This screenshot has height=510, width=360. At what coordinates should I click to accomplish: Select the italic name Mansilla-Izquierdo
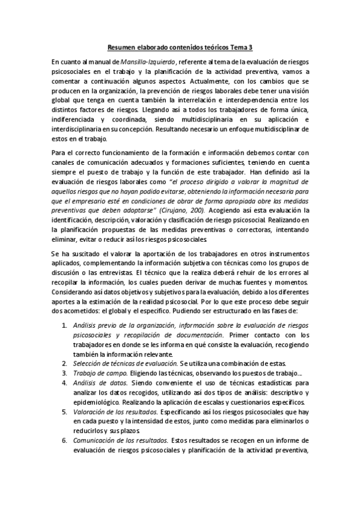tap(148, 61)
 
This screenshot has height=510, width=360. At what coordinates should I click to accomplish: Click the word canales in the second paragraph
tap(63, 158)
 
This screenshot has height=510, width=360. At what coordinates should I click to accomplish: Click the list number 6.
tap(65, 440)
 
